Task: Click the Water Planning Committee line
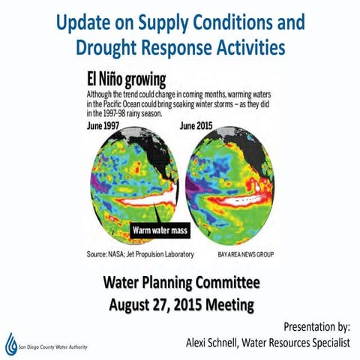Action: click(181, 283)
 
